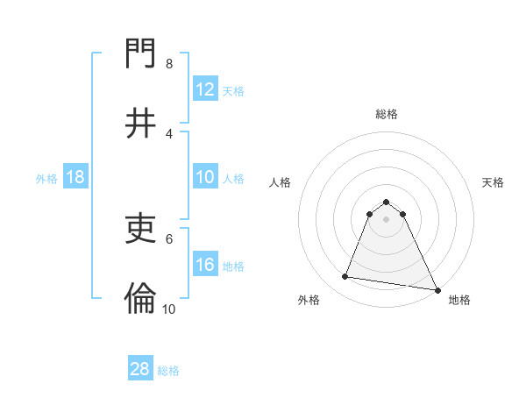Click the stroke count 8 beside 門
tap(168, 64)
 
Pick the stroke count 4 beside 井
tap(168, 133)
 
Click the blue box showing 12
tap(205, 89)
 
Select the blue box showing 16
tap(205, 265)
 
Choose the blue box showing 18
tap(75, 177)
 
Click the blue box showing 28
tap(140, 369)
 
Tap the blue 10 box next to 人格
tap(205, 177)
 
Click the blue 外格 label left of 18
tap(46, 178)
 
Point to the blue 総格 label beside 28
tap(168, 370)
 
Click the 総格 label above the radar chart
tap(387, 114)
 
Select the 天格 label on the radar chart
tap(493, 182)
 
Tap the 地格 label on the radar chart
tap(459, 301)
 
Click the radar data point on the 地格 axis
tap(437, 289)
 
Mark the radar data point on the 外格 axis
tap(345, 277)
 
